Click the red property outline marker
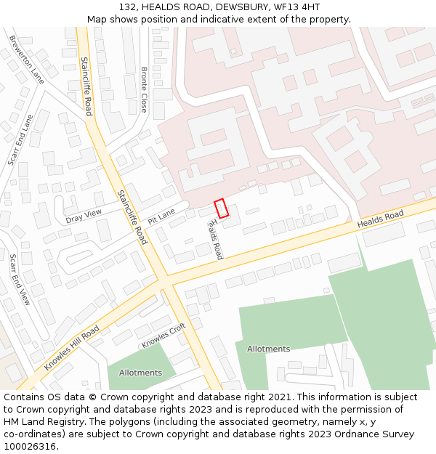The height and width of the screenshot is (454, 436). [222, 208]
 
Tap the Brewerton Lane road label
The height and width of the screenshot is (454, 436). [27, 59]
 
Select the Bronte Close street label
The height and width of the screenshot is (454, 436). [144, 89]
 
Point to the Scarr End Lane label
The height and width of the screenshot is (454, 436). [20, 139]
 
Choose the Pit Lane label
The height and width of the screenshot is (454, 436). [161, 216]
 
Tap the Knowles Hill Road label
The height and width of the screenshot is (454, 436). [71, 348]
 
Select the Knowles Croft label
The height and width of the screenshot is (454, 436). [163, 335]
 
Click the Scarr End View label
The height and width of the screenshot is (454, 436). [20, 279]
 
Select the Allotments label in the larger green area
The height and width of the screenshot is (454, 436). [268, 349]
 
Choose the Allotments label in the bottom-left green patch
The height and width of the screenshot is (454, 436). [140, 373]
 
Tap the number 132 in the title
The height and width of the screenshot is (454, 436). [126, 7]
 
